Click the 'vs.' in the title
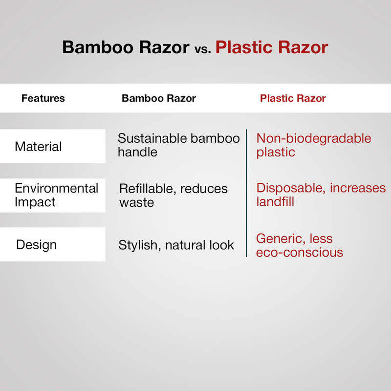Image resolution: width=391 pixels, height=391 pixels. [202, 48]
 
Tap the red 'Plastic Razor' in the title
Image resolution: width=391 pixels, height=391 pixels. [272, 47]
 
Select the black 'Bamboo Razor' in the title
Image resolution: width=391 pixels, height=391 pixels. [126, 47]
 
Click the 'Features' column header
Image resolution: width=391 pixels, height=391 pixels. [43, 98]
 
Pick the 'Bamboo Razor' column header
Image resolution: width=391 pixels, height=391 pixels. [159, 98]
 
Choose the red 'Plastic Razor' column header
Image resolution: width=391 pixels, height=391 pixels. [293, 98]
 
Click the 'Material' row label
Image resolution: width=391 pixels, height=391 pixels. [38, 146]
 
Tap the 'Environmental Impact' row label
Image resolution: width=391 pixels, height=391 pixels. [56, 195]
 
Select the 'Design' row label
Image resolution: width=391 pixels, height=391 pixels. [36, 244]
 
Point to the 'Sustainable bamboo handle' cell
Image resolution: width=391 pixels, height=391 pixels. [178, 145]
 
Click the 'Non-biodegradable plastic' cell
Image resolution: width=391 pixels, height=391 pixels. [314, 145]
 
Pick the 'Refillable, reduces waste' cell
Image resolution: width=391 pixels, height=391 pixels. [174, 195]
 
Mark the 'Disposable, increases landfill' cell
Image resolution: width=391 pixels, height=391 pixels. [321, 195]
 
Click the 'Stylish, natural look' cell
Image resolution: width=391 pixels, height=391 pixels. [176, 245]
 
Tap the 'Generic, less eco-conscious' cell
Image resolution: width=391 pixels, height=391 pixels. [299, 245]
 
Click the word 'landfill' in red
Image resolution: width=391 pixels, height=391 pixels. [275, 201]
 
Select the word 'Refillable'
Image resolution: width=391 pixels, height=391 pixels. [150, 189]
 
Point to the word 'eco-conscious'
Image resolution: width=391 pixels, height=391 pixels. [299, 252]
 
